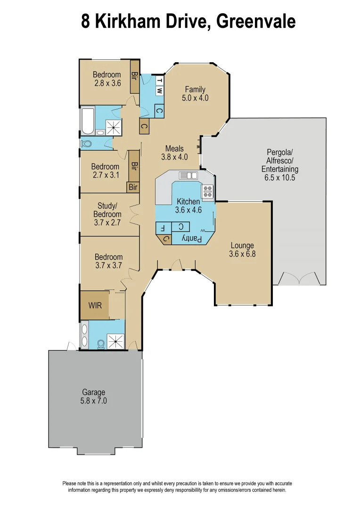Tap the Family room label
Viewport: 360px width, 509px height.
click(x=195, y=94)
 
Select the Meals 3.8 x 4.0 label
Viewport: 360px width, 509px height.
click(x=174, y=153)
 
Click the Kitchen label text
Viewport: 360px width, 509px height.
click(x=188, y=206)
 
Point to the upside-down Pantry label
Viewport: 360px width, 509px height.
click(x=192, y=239)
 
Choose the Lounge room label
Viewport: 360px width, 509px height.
click(x=242, y=250)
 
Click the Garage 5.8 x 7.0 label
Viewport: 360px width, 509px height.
click(x=93, y=396)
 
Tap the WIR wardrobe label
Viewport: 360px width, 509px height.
click(x=95, y=305)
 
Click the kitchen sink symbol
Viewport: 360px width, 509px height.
click(x=188, y=175)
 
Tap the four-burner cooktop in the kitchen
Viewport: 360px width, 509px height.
click(x=208, y=191)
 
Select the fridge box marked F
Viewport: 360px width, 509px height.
click(x=163, y=227)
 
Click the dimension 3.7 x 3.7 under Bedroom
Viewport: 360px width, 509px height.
click(x=108, y=265)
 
